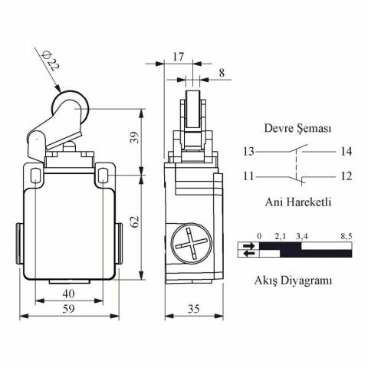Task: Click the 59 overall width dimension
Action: click(68, 309)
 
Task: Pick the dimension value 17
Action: click(178, 55)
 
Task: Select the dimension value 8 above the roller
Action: click(222, 73)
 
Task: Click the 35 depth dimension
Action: click(194, 309)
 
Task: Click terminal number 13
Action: click(248, 151)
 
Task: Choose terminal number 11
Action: click(248, 176)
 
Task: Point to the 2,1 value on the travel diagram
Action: click(280, 235)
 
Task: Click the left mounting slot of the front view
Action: click(34, 176)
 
